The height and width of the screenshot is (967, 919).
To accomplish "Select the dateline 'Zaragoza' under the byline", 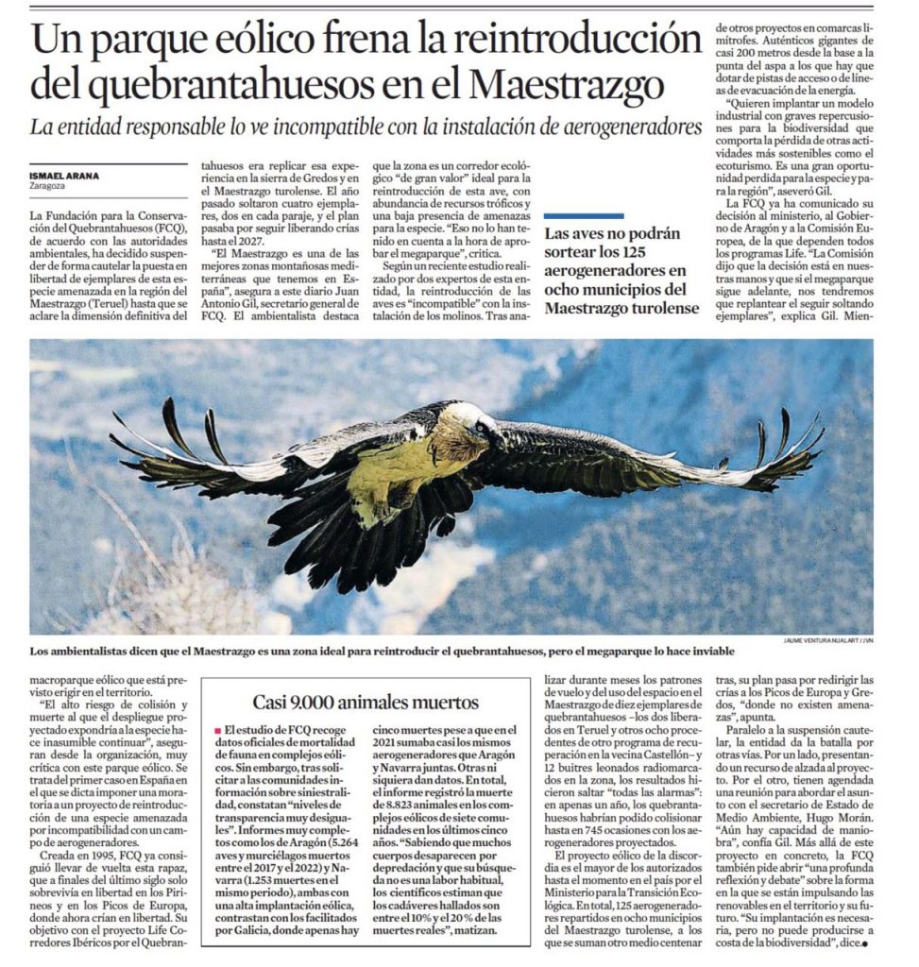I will (x=47, y=185).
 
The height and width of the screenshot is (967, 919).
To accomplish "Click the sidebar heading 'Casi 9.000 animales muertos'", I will (x=366, y=702).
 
